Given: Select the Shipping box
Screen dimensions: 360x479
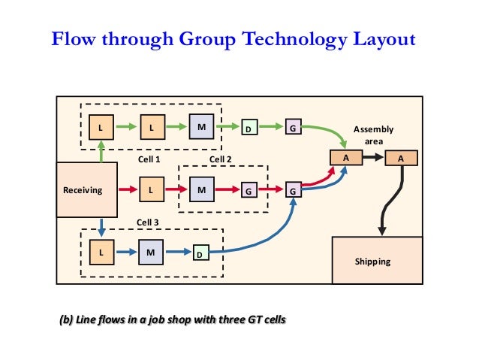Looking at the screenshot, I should coord(372,260).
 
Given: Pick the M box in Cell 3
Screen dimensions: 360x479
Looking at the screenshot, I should coord(150,253).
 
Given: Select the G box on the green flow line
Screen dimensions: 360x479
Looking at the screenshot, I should coord(294,129).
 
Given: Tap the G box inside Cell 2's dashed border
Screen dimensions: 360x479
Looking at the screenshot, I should coord(247,192).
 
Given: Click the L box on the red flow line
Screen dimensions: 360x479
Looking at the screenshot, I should coord(150,190).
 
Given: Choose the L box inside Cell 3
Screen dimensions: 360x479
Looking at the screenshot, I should coord(101,253).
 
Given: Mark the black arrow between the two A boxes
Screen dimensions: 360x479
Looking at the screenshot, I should coord(373,159).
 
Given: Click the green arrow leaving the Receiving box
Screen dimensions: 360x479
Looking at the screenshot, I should coord(101,151).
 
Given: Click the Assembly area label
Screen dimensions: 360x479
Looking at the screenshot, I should coord(373,135).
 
